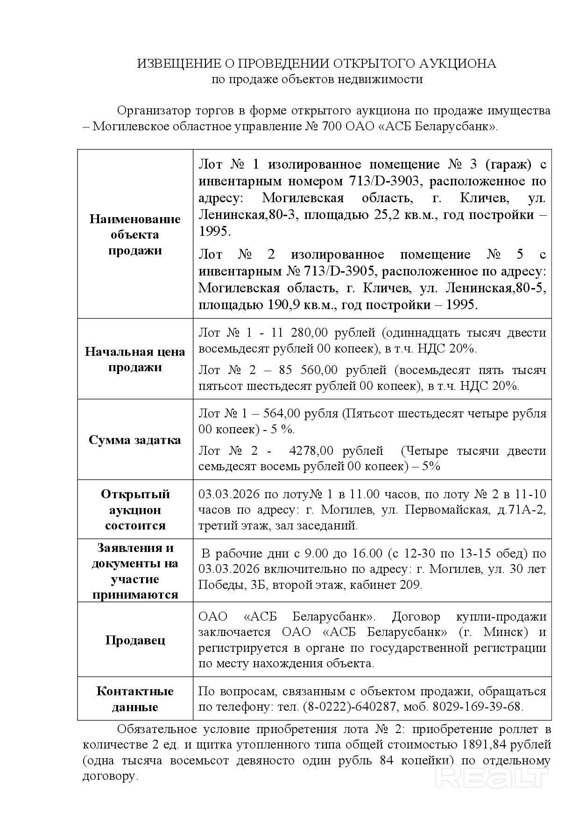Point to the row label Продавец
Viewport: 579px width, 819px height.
135,640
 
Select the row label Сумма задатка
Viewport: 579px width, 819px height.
135,440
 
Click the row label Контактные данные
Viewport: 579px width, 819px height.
135,699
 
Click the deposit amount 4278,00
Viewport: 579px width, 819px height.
311,451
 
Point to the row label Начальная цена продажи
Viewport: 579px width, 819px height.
135,359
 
